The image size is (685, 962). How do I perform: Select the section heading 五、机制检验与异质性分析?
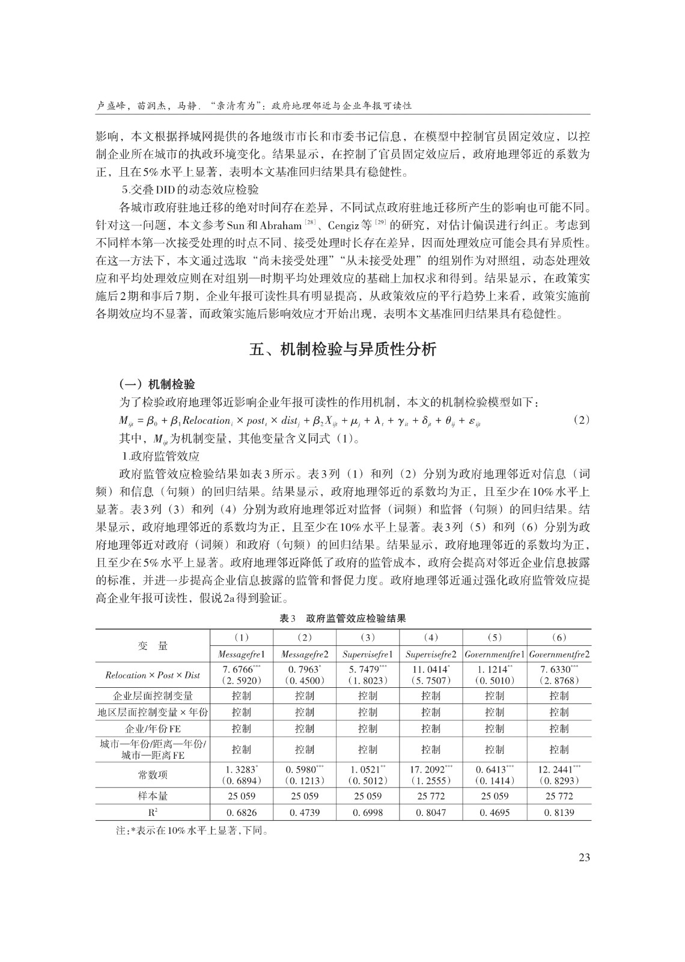click(x=342, y=349)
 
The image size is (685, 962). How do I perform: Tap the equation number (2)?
click(x=581, y=420)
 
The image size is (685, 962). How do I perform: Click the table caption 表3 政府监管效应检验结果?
click(x=342, y=618)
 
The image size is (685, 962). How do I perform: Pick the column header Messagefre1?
click(x=242, y=654)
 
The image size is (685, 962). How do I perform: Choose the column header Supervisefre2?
click(x=431, y=654)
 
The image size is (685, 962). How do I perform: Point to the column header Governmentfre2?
click(x=559, y=654)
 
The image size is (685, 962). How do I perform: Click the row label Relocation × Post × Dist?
click(x=153, y=675)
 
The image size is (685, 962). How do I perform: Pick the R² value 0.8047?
click(x=431, y=812)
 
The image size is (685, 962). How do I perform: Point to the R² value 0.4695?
click(x=495, y=812)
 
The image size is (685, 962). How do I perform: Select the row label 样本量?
click(x=153, y=796)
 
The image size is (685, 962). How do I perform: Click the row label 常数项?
click(x=153, y=775)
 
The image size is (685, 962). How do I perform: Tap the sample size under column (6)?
click(x=559, y=796)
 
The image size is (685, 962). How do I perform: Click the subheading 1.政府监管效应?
click(x=160, y=456)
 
